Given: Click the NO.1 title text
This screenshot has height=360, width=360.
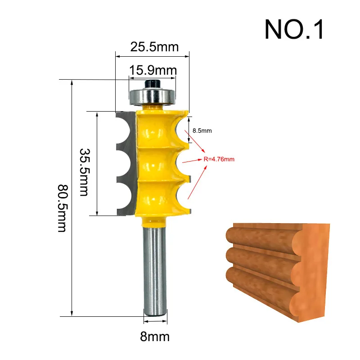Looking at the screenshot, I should (294, 29).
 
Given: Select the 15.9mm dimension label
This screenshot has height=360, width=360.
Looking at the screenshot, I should (153, 70).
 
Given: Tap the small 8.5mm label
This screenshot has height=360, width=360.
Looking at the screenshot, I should (202, 130).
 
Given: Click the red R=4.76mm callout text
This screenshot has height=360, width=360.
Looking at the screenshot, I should (219, 159).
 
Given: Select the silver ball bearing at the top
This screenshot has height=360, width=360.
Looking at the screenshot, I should (152, 95).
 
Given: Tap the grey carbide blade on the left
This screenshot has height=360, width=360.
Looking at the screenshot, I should (126, 162).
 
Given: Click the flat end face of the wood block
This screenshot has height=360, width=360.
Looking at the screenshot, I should (315, 270).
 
